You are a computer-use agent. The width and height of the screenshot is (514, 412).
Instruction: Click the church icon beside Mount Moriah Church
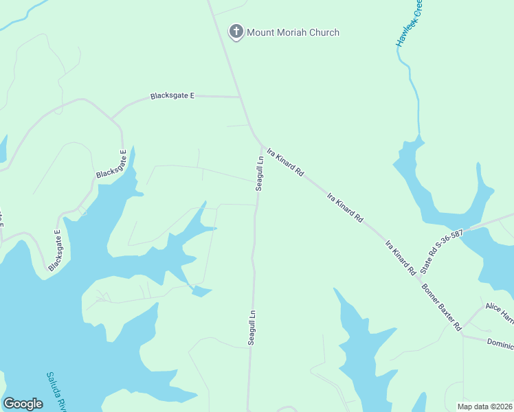tap(236, 32)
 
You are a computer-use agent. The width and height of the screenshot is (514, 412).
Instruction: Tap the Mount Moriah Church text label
tap(293, 32)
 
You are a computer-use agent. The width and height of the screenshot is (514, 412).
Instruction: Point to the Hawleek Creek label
tap(409, 24)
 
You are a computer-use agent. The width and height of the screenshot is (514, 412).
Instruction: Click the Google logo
tap(23, 404)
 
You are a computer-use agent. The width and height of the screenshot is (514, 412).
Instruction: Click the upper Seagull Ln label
tap(260, 174)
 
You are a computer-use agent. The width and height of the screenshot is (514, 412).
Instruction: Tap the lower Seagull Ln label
tap(252, 327)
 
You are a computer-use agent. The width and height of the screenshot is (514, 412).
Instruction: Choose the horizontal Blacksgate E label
tap(172, 96)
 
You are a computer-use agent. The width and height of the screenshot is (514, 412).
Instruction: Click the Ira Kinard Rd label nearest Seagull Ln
tap(284, 162)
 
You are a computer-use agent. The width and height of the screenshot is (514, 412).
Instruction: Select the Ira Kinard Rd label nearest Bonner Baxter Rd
tap(400, 257)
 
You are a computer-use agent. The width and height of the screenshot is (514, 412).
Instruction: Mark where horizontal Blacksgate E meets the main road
tap(240, 97)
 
